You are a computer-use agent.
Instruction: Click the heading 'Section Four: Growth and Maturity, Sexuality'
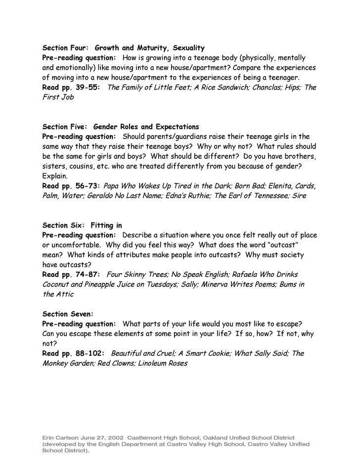[x=123, y=48]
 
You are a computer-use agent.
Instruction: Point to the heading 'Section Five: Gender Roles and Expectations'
[x=121, y=127]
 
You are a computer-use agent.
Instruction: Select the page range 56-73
[x=87, y=186]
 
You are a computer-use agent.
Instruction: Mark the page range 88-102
[x=88, y=353]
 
